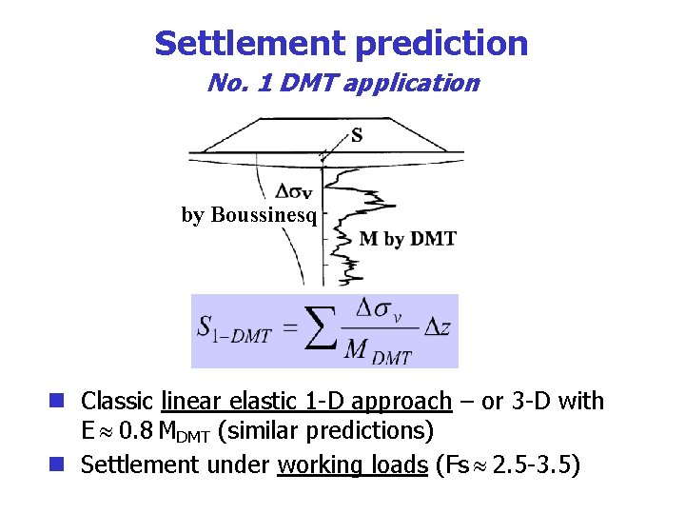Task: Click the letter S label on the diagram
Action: [357, 135]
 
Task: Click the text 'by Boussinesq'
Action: [248, 215]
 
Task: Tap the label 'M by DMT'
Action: [407, 239]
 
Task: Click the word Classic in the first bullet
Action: [119, 402]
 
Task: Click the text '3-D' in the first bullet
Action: [533, 402]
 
